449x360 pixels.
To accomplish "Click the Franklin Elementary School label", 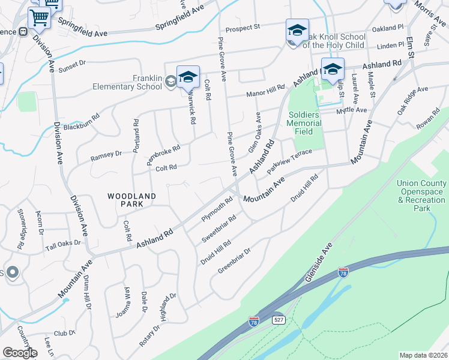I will (127, 82).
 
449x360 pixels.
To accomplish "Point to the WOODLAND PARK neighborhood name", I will (132, 200).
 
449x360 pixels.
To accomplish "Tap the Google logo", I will (20, 353).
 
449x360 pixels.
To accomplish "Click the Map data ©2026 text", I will (423, 355).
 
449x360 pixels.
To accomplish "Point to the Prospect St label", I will (243, 28).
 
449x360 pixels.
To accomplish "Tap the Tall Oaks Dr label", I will (62, 245).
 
